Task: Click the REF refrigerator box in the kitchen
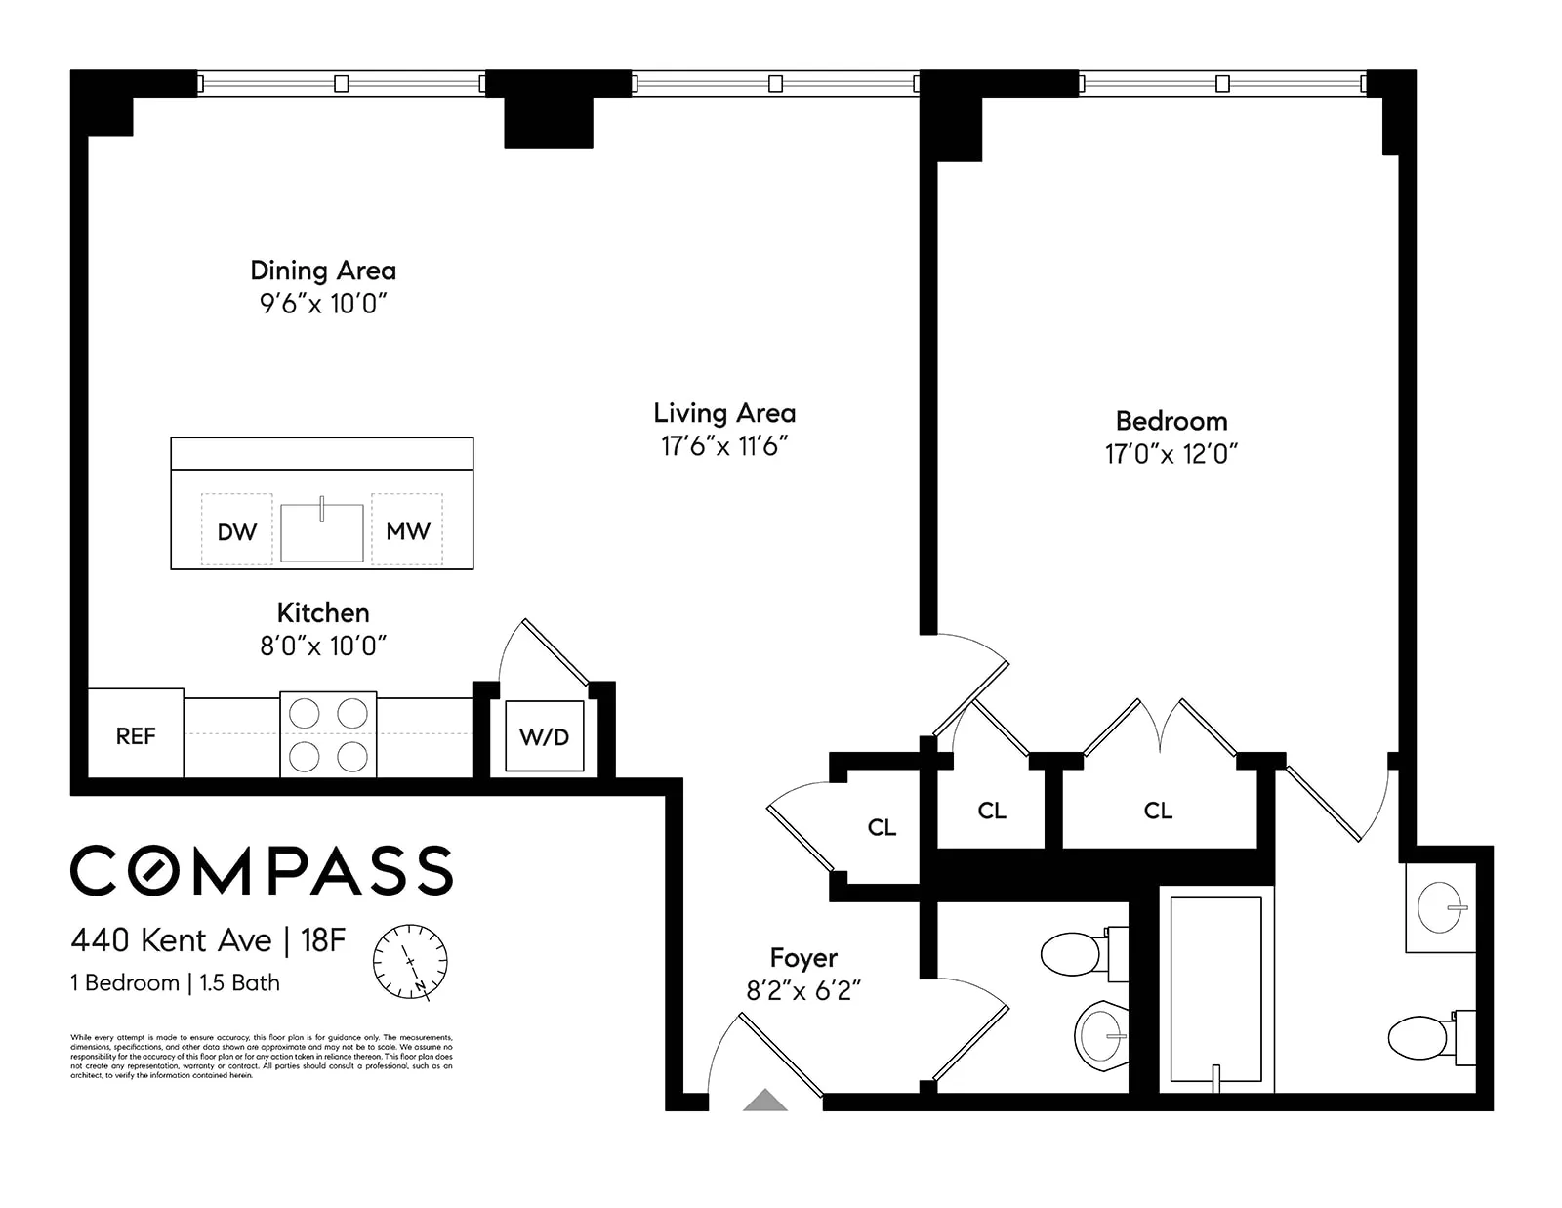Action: pyautogui.click(x=136, y=734)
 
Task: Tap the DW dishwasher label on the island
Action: pyautogui.click(x=237, y=532)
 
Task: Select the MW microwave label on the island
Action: pyautogui.click(x=408, y=531)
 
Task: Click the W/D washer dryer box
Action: pyautogui.click(x=544, y=736)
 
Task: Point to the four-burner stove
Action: pyautogui.click(x=328, y=734)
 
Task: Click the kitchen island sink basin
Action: pyautogui.click(x=322, y=533)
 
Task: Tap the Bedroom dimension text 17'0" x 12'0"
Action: pyautogui.click(x=1171, y=454)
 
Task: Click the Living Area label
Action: pyautogui.click(x=724, y=413)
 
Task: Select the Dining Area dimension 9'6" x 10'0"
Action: pyautogui.click(x=323, y=304)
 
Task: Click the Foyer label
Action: pyautogui.click(x=803, y=958)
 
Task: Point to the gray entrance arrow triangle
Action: pyautogui.click(x=765, y=1101)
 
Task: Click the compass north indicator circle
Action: pyautogui.click(x=410, y=962)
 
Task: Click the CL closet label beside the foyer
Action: pyautogui.click(x=882, y=827)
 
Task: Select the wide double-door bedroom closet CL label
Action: pyautogui.click(x=1158, y=811)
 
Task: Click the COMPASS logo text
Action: pyautogui.click(x=262, y=870)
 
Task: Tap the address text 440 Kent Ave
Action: pyautogui.click(x=172, y=940)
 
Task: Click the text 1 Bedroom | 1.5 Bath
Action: pyautogui.click(x=175, y=983)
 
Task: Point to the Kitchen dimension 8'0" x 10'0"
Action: pyautogui.click(x=323, y=646)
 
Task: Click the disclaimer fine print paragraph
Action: pyautogui.click(x=262, y=1057)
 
